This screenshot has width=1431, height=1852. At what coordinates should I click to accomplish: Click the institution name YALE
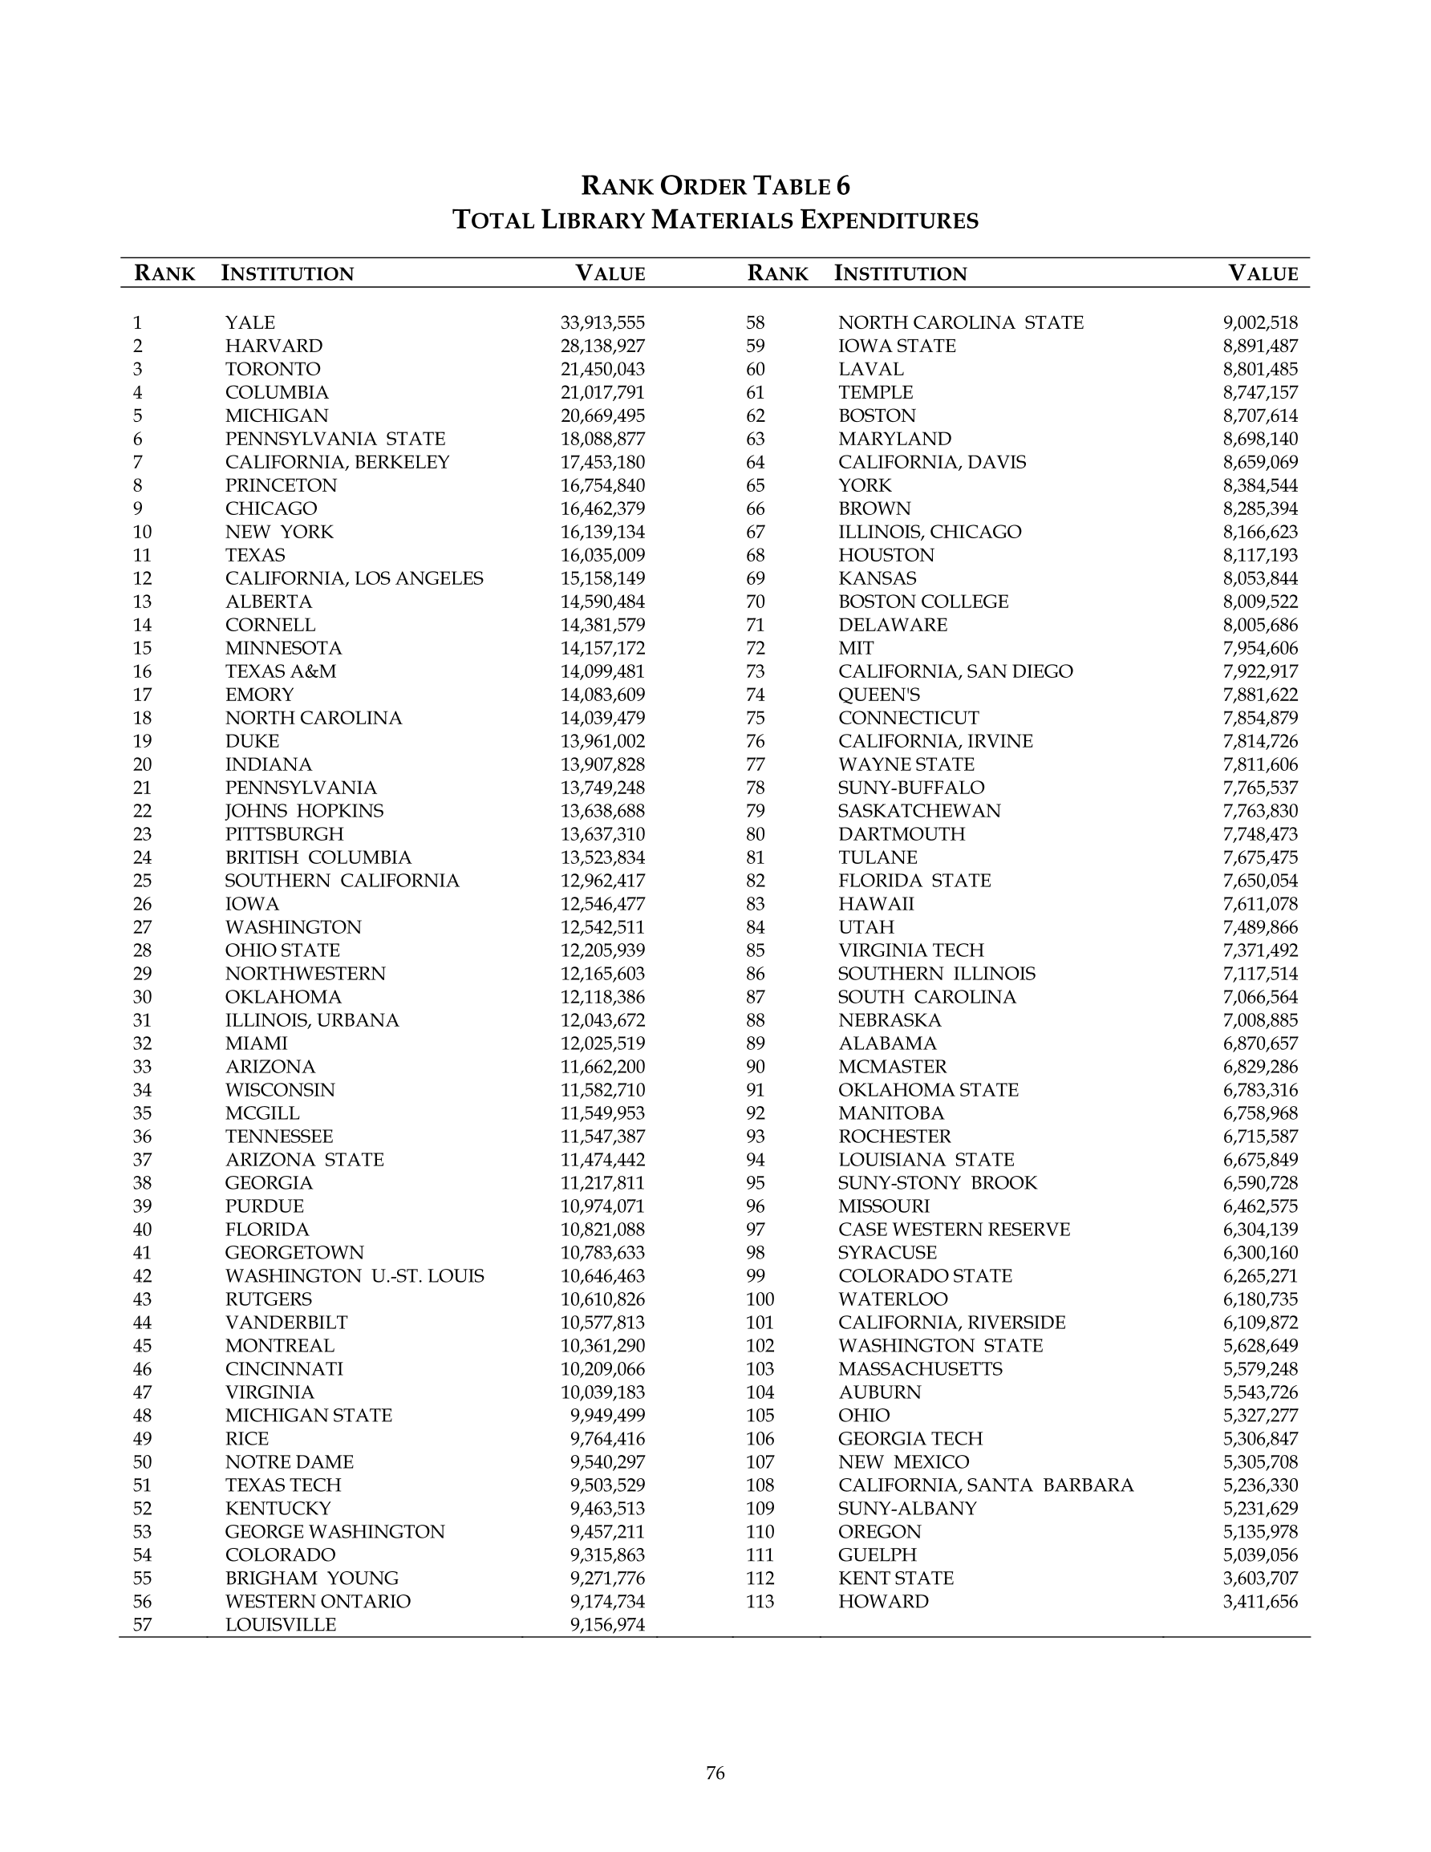point(250,323)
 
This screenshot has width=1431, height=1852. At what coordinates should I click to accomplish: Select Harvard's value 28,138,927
point(602,346)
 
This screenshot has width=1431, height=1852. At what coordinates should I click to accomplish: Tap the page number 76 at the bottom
point(715,1773)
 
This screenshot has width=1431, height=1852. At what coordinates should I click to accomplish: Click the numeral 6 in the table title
point(842,186)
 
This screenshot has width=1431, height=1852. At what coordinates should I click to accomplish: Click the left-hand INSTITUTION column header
point(287,274)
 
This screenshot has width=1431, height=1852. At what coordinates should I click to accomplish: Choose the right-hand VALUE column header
point(1263,274)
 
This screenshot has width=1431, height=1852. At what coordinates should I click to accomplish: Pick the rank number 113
point(760,1602)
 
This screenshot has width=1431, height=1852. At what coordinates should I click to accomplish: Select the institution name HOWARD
point(883,1602)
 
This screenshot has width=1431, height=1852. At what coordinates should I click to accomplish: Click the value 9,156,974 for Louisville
point(607,1625)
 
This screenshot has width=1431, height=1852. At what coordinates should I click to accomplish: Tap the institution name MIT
point(856,649)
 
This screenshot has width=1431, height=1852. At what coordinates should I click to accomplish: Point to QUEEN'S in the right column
point(879,695)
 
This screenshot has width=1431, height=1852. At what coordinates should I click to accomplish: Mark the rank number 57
point(143,1625)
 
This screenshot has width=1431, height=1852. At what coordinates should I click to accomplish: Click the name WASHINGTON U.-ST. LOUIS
point(355,1276)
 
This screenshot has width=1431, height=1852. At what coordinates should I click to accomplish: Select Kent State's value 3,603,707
point(1259,1578)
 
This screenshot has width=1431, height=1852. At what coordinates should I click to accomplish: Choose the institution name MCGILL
point(262,1113)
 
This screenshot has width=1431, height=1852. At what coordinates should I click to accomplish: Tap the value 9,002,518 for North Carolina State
point(1259,323)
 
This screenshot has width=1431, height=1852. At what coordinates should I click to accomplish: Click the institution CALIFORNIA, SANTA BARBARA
point(986,1485)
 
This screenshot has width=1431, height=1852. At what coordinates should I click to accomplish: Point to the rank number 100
point(760,1299)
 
